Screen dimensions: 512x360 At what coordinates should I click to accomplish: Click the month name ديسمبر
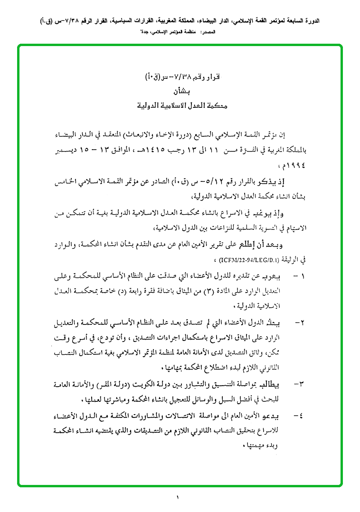[x=61, y=150]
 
